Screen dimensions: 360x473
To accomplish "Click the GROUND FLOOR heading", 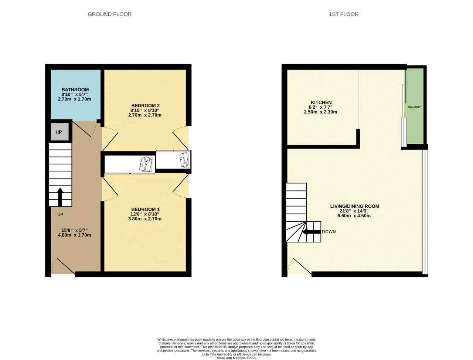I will (x=109, y=14).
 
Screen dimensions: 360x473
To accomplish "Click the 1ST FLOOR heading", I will (x=344, y=14).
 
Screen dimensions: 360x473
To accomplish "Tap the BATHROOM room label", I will (x=75, y=90).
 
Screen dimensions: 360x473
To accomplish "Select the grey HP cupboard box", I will (x=59, y=132).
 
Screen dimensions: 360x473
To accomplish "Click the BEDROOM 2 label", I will (x=145, y=106).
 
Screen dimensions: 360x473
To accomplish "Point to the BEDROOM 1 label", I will (x=145, y=210).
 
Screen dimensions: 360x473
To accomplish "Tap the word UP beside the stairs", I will (x=60, y=215).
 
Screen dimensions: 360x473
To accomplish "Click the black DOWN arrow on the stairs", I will (x=311, y=232).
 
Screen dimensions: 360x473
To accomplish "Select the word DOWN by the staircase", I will (x=329, y=232).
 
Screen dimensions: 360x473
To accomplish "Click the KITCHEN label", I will (x=321, y=103).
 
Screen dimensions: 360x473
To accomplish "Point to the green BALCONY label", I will (x=414, y=107).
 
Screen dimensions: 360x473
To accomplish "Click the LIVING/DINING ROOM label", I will (x=354, y=206).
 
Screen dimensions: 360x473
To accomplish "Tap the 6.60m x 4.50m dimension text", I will (x=354, y=216).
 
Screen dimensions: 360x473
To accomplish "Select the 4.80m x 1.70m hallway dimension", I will (x=74, y=235).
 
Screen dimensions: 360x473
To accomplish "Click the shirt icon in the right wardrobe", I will (x=184, y=159).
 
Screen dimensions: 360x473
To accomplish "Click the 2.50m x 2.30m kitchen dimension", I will (x=320, y=112).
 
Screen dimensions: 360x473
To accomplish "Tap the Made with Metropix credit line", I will (x=236, y=358).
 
